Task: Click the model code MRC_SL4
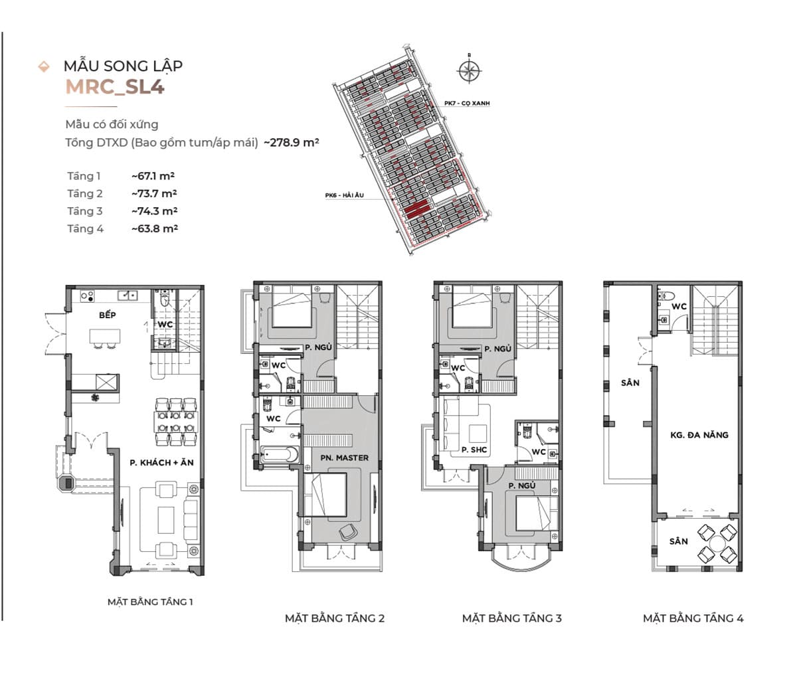[114, 88]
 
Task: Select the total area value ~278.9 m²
[292, 142]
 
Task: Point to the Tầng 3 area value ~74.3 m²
[153, 211]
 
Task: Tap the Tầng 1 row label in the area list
[84, 176]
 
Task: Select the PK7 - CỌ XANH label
[467, 104]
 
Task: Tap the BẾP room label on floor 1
[107, 315]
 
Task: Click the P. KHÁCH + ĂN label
[161, 462]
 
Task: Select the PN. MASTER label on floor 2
[344, 458]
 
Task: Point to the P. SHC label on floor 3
[474, 450]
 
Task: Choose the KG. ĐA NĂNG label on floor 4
[699, 435]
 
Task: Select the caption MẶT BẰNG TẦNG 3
[511, 618]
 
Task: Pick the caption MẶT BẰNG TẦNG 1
[150, 602]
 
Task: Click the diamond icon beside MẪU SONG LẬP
[44, 66]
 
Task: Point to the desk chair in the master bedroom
[347, 531]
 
